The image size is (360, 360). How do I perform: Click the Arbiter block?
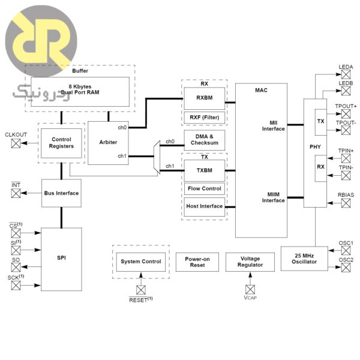tap(109, 142)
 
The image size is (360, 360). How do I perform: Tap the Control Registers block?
tap(62, 142)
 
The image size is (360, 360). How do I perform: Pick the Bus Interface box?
tap(62, 193)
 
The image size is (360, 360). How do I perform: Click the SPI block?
tap(62, 257)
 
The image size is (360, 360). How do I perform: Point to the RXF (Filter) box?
tap(204, 117)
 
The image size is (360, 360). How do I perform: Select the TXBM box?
tap(204, 170)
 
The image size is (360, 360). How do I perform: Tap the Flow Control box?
tap(204, 188)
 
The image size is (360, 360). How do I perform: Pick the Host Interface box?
tap(204, 206)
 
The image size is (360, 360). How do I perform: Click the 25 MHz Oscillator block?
tap(304, 259)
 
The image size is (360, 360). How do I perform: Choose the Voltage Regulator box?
tap(250, 262)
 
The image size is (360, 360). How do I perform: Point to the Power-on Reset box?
tap(197, 262)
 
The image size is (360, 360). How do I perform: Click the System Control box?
tap(141, 262)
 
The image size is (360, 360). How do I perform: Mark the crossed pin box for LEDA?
tap(346, 74)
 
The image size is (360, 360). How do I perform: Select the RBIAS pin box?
tap(346, 203)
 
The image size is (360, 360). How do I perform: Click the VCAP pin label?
tap(250, 296)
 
